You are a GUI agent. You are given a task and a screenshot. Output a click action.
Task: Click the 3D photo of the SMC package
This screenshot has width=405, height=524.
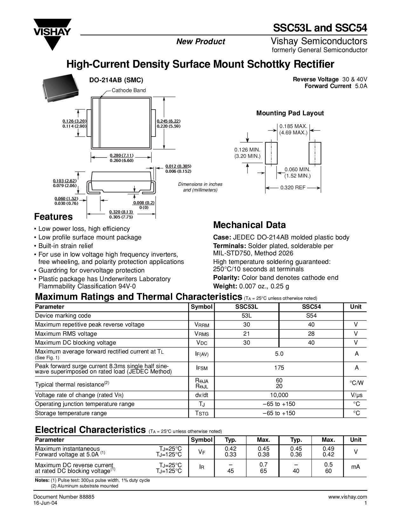[x=60, y=88]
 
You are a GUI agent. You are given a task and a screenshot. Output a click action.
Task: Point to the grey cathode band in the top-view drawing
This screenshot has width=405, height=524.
[x=100, y=123]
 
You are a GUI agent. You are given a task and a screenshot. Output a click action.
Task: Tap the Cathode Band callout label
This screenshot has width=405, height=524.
[x=129, y=90]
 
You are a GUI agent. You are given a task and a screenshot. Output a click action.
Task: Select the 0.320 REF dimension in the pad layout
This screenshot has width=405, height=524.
[x=293, y=188]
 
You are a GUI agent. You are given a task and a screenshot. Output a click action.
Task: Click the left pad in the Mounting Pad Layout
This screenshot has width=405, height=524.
[x=271, y=153]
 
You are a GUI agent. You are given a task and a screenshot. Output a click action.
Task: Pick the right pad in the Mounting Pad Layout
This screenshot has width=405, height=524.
[x=315, y=153]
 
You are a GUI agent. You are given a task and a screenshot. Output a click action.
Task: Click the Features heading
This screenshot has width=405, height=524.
[x=53, y=217]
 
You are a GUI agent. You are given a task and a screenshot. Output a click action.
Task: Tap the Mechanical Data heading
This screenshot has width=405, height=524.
[x=249, y=225]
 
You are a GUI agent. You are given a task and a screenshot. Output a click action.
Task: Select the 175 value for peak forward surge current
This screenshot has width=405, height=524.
[x=279, y=368]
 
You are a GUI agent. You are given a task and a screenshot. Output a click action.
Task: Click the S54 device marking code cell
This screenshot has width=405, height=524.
[x=311, y=316]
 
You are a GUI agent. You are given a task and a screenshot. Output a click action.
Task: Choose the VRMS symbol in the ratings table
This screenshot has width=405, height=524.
[x=202, y=334]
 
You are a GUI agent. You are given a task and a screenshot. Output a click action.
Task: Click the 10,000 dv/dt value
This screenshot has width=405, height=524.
[x=279, y=395]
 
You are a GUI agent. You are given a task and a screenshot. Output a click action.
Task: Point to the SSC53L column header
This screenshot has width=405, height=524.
[x=246, y=307]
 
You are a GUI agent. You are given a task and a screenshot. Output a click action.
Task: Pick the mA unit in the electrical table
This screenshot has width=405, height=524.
[x=355, y=467]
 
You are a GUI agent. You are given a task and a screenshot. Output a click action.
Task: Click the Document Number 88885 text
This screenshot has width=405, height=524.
[x=64, y=497]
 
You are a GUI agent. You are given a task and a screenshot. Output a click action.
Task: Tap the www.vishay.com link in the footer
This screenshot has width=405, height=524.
[x=348, y=497]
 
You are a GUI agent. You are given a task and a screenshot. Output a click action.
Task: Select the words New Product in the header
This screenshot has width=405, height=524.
[x=201, y=42]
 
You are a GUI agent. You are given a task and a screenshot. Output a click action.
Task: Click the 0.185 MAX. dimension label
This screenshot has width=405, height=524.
[x=293, y=126]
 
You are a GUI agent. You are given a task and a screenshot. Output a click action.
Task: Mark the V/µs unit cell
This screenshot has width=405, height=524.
[x=356, y=395]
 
